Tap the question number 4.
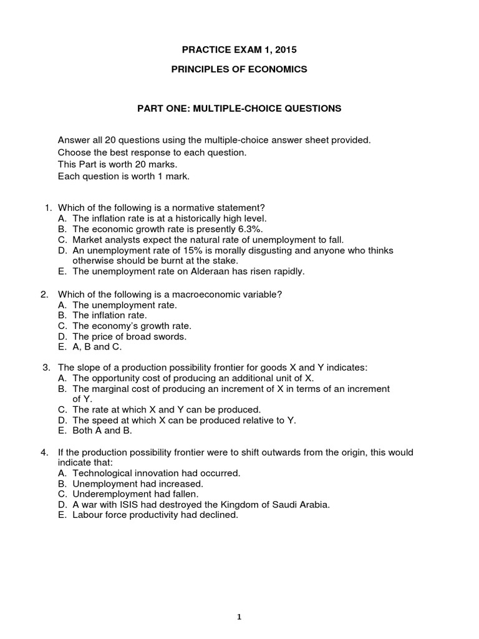(45, 452)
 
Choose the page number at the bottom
(239, 600)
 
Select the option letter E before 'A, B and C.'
(61, 347)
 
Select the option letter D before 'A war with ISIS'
(61, 505)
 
